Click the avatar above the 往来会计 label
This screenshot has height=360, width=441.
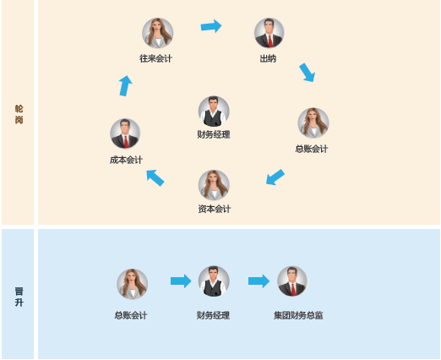[157, 33]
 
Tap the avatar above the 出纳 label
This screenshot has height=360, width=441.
[269, 33]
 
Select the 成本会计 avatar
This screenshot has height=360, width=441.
[125, 134]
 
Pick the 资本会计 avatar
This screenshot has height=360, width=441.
[214, 185]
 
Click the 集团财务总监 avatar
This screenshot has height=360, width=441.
[292, 281]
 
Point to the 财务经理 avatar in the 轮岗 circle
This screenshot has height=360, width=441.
[214, 112]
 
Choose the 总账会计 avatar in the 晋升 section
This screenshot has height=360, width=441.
[133, 284]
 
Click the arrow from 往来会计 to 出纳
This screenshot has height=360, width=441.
[211, 26]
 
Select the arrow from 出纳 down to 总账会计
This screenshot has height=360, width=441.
[307, 73]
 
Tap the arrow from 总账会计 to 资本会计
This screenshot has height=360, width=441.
[275, 177]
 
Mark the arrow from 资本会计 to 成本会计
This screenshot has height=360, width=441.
[155, 178]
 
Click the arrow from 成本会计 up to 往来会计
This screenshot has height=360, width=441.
[126, 86]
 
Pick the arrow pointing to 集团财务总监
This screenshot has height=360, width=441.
[259, 281]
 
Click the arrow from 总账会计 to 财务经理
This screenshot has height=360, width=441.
[181, 281]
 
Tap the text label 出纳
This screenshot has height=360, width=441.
[268, 58]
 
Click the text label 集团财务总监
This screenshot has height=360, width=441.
[298, 315]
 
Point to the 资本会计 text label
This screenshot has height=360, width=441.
[215, 209]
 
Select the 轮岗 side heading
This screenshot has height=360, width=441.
[19, 114]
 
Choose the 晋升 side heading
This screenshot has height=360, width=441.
[19, 297]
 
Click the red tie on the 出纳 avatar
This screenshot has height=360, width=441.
[270, 41]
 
